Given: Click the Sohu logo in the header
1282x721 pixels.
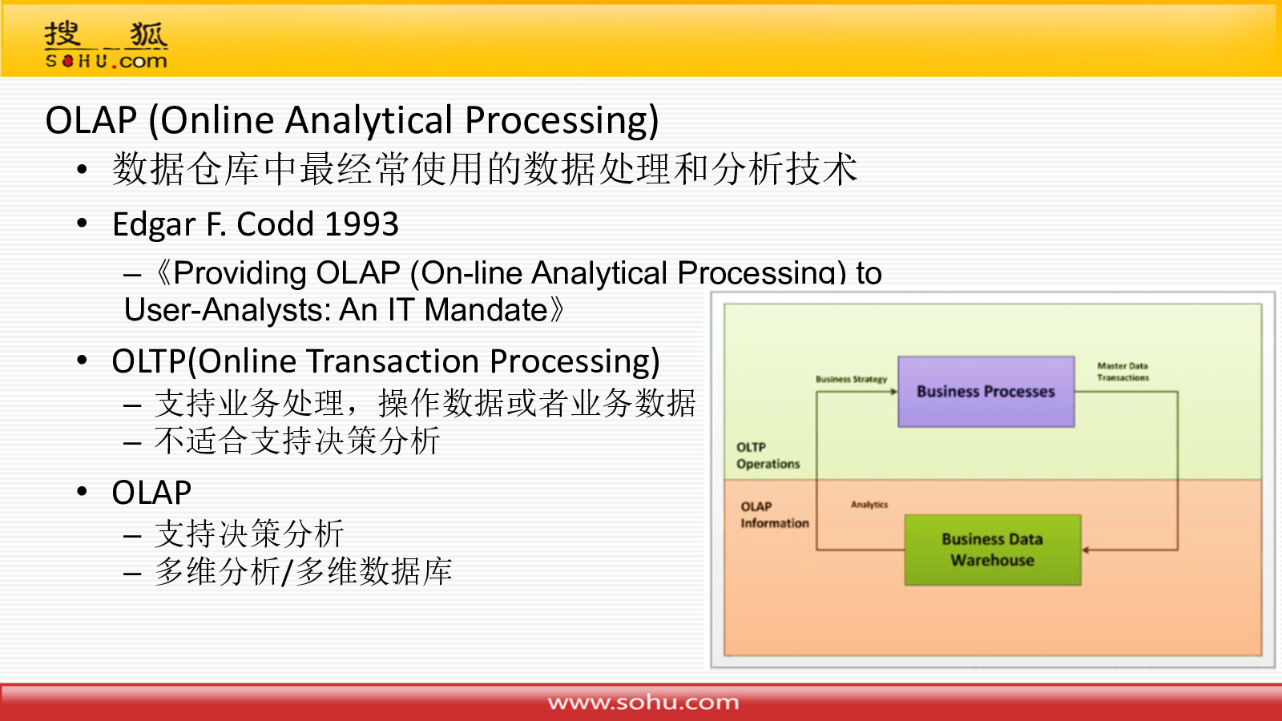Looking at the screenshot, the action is (106, 45).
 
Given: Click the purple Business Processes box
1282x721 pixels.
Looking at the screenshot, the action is (986, 392).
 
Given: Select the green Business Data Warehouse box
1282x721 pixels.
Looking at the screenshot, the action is (993, 550).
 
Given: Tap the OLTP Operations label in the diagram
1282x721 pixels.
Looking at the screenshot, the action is (768, 456).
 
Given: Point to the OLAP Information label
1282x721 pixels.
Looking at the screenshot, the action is (775, 515).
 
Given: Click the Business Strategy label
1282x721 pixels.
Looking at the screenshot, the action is (851, 380).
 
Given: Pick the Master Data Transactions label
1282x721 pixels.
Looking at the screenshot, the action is (1123, 372).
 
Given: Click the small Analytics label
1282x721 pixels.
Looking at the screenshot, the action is (869, 505).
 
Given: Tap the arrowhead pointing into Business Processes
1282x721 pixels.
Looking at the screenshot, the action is (894, 392).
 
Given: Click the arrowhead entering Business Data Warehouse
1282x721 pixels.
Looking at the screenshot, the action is (1086, 550).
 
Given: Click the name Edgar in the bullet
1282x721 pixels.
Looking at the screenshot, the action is (154, 225).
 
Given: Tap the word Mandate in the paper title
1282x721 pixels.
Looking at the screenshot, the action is (486, 309).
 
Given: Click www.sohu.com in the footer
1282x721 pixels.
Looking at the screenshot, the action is (643, 702).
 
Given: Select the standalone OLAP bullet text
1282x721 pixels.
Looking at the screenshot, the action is (151, 493).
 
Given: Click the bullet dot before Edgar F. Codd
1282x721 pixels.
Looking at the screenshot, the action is (82, 224).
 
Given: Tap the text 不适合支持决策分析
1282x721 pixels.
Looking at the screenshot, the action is (297, 441).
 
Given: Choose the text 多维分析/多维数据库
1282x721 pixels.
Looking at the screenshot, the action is (304, 571).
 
